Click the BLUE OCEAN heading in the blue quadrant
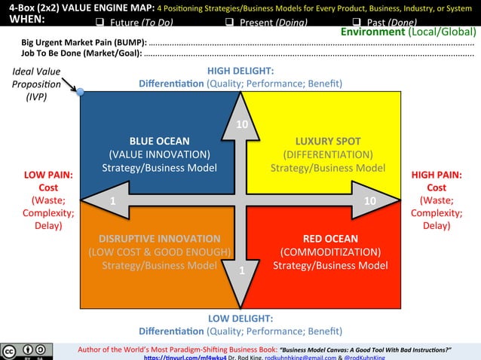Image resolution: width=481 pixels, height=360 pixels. [x=159, y=141]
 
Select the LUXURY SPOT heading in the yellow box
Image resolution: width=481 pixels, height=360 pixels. [x=328, y=141]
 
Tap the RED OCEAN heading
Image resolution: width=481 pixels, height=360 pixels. [x=330, y=238]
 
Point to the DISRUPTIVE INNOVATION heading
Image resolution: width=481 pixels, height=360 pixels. [x=159, y=238]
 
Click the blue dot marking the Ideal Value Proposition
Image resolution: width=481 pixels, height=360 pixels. [x=80, y=92]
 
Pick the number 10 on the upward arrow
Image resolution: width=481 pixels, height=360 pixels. [x=241, y=124]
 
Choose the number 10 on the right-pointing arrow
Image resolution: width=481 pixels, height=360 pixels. [x=369, y=201]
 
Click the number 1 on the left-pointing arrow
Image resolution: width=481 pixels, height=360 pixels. [x=112, y=201]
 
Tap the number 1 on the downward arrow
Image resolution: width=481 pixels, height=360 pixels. [x=241, y=270]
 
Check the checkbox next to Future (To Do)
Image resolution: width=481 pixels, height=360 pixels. [x=100, y=22]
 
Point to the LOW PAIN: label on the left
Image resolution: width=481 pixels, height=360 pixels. [x=48, y=175]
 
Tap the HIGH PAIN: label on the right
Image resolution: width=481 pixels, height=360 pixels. [x=437, y=175]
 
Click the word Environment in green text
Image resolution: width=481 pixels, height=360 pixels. [x=372, y=32]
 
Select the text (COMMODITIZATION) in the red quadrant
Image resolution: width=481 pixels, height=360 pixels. [x=330, y=252]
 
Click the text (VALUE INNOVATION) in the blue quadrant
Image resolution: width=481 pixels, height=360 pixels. [x=159, y=154]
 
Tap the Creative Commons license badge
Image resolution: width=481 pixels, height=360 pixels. [x=26, y=352]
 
